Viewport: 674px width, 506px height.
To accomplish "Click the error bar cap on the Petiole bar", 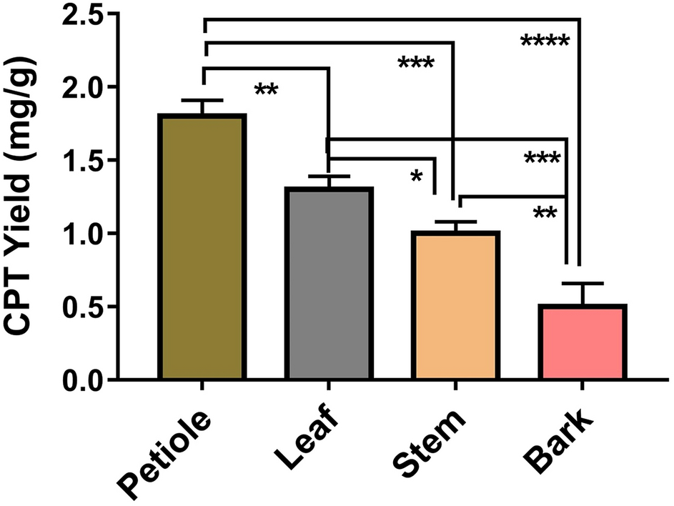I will (204, 101).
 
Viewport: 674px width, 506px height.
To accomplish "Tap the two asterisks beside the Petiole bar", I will (266, 91).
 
